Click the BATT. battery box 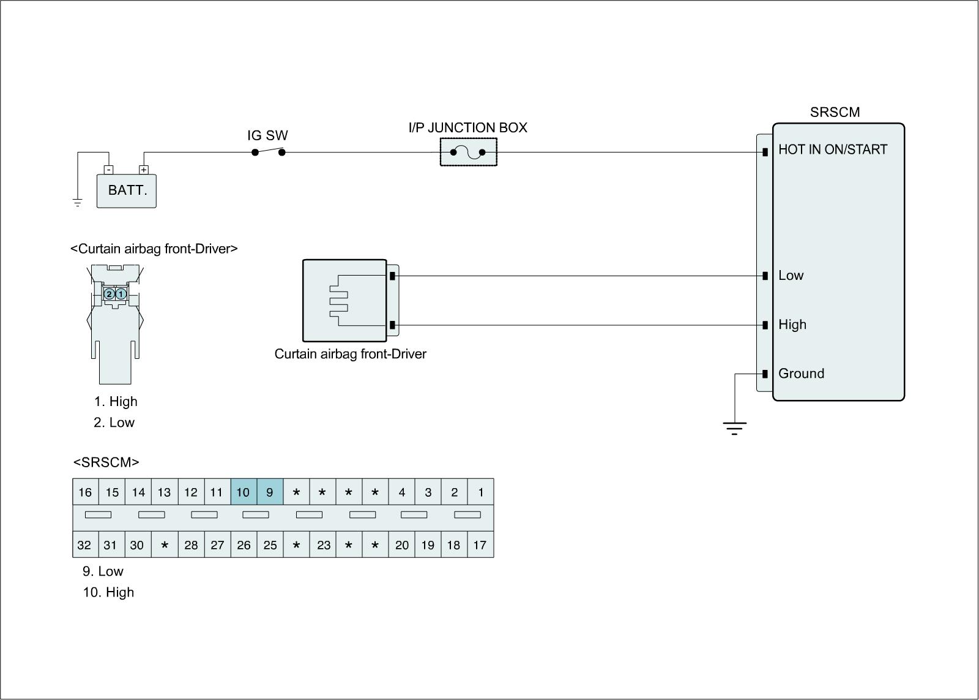point(127,190)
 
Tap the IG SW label point(267,135)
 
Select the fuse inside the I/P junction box point(468,152)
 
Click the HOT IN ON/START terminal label point(832,149)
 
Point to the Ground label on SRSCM point(801,374)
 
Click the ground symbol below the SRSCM point(734,427)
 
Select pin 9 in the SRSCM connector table point(270,492)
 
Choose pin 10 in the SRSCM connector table point(243,492)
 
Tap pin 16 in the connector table point(85,492)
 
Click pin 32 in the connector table point(84,545)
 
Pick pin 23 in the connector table point(323,545)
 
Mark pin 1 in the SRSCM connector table point(481,492)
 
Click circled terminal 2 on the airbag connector point(110,294)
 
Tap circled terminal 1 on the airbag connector point(121,294)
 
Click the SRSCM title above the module point(835,112)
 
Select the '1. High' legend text point(116,402)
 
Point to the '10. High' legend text point(108,592)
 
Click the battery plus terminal point(144,170)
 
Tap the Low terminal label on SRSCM point(791,276)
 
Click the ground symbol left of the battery point(78,203)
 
